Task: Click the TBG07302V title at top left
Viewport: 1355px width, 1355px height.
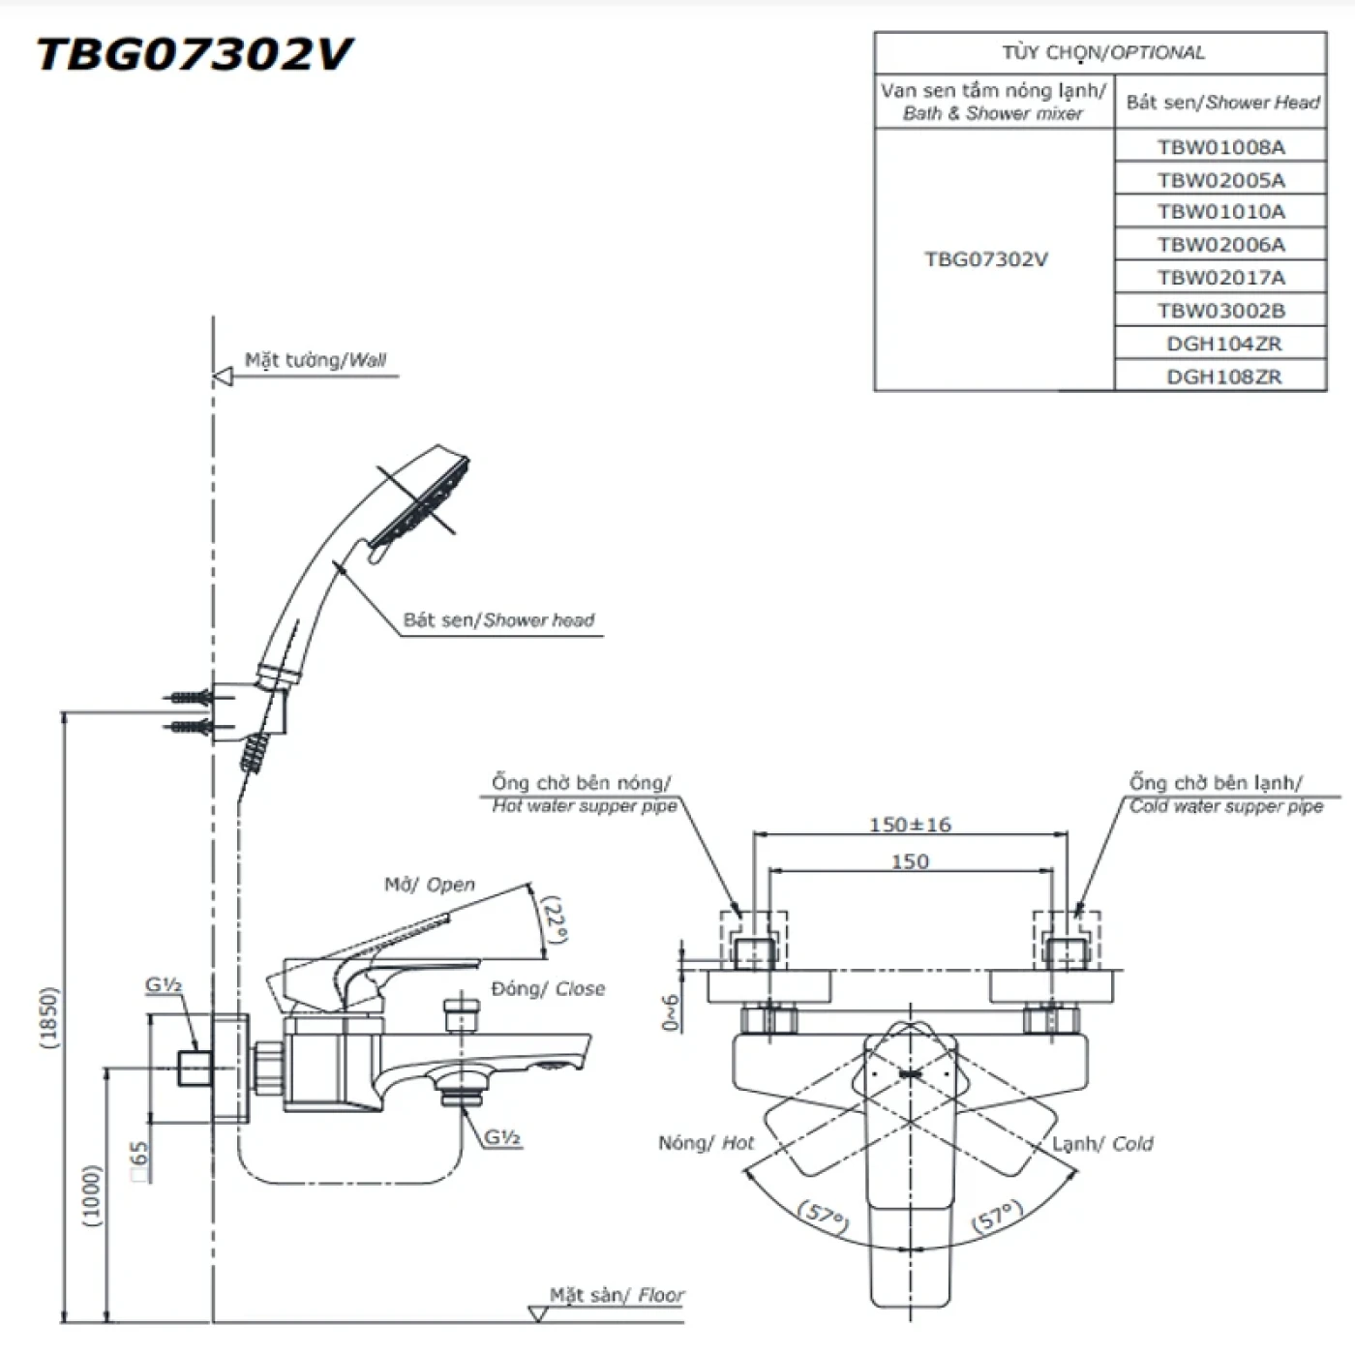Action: pos(194,54)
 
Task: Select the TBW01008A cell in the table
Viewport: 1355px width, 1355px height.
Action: pos(1220,147)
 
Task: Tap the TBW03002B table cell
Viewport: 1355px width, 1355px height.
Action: pos(1221,311)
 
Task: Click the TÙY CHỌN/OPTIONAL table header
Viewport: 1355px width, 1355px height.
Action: pos(1102,53)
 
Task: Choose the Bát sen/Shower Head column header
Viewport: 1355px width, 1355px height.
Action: pos(1221,103)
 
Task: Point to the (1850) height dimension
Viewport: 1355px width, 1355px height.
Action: pos(49,1016)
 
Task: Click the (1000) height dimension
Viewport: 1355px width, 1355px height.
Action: pos(92,1195)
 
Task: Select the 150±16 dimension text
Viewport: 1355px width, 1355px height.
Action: pos(910,825)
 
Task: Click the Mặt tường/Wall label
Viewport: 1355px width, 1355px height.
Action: pos(316,360)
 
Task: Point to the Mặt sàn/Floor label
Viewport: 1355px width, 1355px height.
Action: pos(617,1295)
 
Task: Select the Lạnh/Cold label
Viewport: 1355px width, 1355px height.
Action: pos(1102,1144)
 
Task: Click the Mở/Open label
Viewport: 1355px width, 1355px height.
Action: pos(430,885)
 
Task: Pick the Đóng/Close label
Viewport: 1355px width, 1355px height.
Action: pos(548,988)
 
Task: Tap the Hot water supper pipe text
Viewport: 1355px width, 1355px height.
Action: pos(585,806)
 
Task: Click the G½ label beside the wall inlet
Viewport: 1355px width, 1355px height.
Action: pos(164,985)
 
